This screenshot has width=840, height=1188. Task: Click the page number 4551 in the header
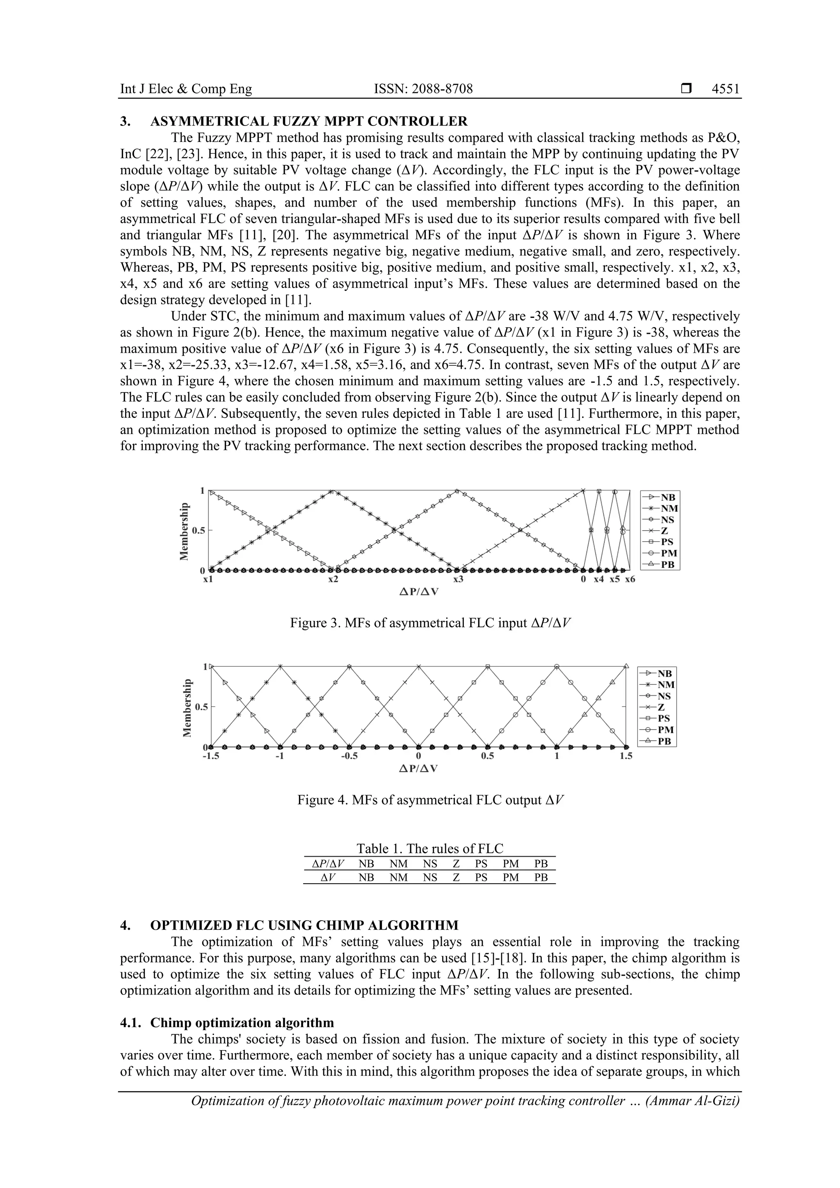[x=725, y=89]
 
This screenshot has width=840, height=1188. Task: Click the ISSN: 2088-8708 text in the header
[x=423, y=89]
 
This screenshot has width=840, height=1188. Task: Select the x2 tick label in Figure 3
[x=333, y=579]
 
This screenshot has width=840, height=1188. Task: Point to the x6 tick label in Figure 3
[x=629, y=579]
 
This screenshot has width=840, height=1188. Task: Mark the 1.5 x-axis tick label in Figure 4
[x=626, y=756]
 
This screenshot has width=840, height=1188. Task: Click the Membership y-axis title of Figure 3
[x=184, y=531]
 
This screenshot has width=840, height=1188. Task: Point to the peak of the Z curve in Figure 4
[x=419, y=666]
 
